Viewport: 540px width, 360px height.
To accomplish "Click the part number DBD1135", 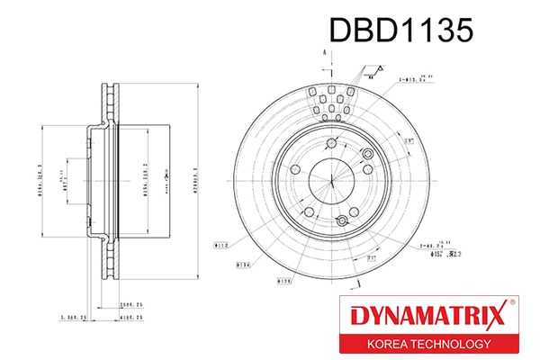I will click(400, 31).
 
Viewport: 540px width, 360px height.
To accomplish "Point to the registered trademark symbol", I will click(512, 303).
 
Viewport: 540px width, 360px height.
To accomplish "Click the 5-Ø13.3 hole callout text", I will click(410, 81).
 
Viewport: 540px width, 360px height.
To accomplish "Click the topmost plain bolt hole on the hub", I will click(332, 142).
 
